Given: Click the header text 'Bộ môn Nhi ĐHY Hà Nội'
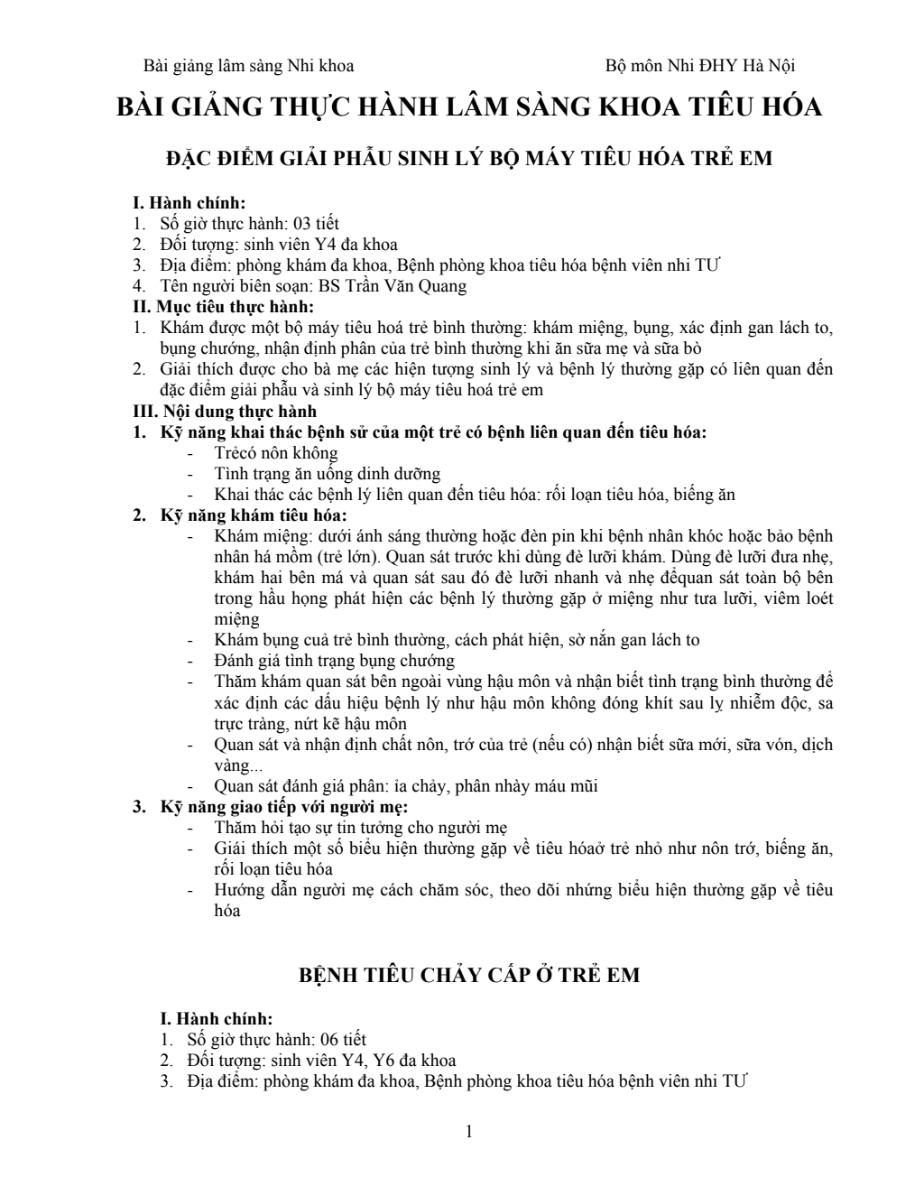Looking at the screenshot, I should pos(699,66).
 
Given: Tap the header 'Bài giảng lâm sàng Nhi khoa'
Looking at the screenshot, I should pos(249,66).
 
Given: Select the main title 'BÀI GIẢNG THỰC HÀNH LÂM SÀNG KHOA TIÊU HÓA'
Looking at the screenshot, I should pos(469,107).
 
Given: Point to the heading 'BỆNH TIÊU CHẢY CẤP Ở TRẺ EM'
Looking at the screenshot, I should pos(469,976).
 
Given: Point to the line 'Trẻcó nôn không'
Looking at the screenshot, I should pos(276,453).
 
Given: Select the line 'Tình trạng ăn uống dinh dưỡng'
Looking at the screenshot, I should pos(328,474).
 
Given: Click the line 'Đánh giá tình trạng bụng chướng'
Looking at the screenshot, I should pos(334,661).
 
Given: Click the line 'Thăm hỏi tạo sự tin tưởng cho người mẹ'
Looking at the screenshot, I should pos(361,827).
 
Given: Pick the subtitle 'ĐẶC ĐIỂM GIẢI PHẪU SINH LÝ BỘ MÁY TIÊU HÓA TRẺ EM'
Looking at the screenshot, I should pos(469,158).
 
